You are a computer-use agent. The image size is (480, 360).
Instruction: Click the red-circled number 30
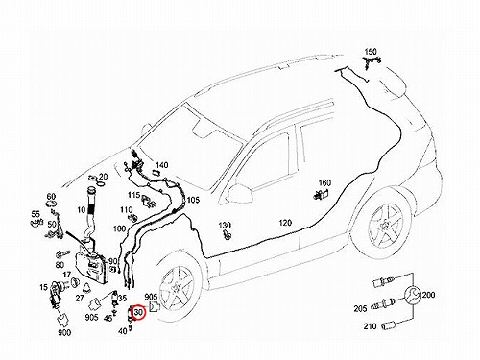(x=139, y=312)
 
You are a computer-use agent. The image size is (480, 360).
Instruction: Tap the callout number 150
(x=371, y=52)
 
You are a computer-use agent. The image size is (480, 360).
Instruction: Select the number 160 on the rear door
(x=324, y=183)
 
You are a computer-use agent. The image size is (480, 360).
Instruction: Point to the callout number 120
(x=285, y=223)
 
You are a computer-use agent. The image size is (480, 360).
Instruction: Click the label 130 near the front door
(x=225, y=226)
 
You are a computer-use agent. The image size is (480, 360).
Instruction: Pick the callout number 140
(x=161, y=165)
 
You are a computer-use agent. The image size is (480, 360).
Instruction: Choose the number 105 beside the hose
(x=193, y=200)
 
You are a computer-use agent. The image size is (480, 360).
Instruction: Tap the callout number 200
(x=428, y=295)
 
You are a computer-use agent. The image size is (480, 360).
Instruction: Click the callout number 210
(x=370, y=326)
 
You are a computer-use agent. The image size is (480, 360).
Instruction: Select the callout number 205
(x=360, y=309)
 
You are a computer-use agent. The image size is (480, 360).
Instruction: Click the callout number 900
(x=64, y=333)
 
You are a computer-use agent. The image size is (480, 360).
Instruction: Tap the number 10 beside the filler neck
(x=82, y=210)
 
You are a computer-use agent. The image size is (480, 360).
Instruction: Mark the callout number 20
(x=103, y=177)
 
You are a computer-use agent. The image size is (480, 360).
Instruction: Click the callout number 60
(x=51, y=197)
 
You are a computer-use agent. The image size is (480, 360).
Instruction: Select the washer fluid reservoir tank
(x=91, y=263)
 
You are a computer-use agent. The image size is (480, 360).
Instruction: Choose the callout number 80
(x=60, y=265)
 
